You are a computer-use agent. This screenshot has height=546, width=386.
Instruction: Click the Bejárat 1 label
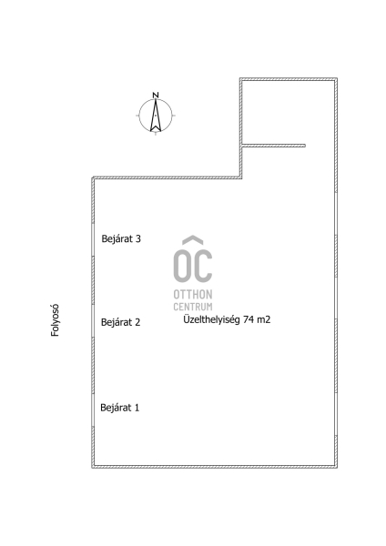click(120, 408)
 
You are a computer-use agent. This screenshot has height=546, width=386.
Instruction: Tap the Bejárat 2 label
click(120, 322)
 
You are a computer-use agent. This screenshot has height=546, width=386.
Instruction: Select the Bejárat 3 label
click(121, 238)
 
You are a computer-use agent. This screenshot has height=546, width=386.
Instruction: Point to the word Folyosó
click(55, 320)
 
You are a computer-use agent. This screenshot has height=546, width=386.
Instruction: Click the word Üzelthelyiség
click(211, 319)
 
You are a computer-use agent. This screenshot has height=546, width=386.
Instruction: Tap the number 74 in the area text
click(249, 319)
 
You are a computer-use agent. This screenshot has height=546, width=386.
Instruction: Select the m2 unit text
click(264, 319)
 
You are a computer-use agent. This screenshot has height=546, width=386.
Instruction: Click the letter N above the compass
click(156, 95)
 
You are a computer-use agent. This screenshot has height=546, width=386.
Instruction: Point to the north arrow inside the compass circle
click(156, 116)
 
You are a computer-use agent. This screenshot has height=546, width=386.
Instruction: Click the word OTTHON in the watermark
click(193, 295)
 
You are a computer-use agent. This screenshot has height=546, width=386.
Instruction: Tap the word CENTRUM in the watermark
click(193, 307)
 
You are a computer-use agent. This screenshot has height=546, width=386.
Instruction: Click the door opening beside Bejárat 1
click(93, 410)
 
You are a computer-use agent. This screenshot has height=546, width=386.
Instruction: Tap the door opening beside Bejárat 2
click(93, 320)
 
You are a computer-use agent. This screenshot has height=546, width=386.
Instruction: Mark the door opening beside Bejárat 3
click(93, 239)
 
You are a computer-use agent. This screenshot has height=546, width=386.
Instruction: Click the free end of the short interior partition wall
click(305, 146)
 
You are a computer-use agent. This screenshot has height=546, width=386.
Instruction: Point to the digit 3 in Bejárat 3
click(138, 238)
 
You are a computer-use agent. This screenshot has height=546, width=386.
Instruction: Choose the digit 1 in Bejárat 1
click(137, 408)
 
